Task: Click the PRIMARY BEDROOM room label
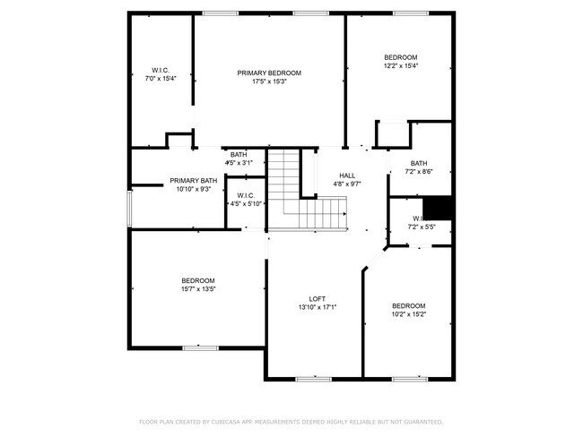[269, 73]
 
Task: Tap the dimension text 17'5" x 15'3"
[269, 81]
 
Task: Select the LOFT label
[317, 298]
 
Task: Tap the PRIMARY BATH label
[193, 180]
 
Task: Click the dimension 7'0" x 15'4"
[161, 79]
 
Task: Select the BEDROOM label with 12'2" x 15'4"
[401, 56]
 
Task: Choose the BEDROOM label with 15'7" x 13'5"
[197, 280]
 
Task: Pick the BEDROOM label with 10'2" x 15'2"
[408, 305]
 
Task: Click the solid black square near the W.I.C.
[438, 207]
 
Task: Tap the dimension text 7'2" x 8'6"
[419, 171]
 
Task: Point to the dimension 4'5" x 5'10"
[246, 203]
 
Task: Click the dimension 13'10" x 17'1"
[317, 307]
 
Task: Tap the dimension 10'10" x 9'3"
[193, 189]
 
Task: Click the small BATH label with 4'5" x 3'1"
[239, 154]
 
